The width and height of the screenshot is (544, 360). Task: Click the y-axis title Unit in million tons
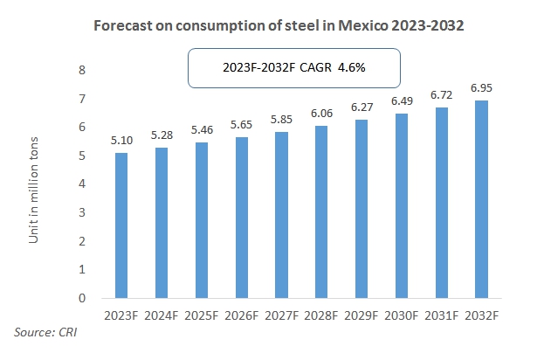35,183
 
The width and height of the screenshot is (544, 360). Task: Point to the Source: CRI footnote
45,333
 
